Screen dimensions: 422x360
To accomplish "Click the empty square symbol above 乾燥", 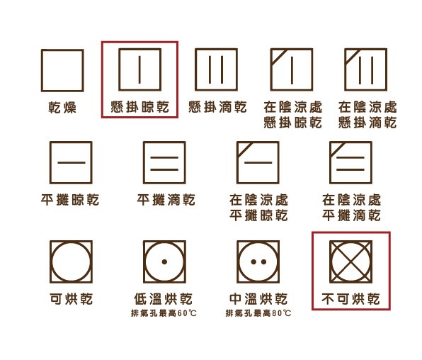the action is (x=62, y=70).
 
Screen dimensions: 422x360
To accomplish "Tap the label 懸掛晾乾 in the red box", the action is (x=139, y=107).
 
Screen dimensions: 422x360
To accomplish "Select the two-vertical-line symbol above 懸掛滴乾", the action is (x=217, y=69).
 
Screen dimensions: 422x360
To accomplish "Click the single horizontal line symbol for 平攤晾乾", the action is (x=71, y=162).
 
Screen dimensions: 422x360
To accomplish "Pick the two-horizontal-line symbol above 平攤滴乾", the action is (x=164, y=162).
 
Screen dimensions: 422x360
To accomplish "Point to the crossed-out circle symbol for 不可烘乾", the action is (x=351, y=261).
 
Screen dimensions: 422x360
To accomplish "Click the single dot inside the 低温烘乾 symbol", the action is (x=164, y=261).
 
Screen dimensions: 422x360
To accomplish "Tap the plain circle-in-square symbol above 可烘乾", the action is (x=71, y=261).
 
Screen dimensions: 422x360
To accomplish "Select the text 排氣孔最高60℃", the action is (x=164, y=313).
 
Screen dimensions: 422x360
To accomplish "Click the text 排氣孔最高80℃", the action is (x=258, y=313).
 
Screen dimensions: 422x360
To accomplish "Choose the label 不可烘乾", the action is (x=350, y=299).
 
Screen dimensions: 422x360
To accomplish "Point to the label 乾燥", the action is (x=62, y=107).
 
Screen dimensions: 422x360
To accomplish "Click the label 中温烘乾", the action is (x=258, y=299).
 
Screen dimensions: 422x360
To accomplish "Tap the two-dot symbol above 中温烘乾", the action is (x=258, y=261).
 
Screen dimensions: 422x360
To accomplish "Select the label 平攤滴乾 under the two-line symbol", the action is (x=166, y=200).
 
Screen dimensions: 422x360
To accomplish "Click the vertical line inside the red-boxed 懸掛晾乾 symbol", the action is (x=139, y=69).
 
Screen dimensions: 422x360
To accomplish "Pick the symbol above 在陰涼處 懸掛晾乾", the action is (x=292, y=69).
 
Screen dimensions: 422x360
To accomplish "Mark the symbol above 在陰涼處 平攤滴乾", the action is (x=351, y=162).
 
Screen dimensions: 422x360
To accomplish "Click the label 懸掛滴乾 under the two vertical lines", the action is (x=217, y=107).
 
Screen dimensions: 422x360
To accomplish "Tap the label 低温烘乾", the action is (x=164, y=299).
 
